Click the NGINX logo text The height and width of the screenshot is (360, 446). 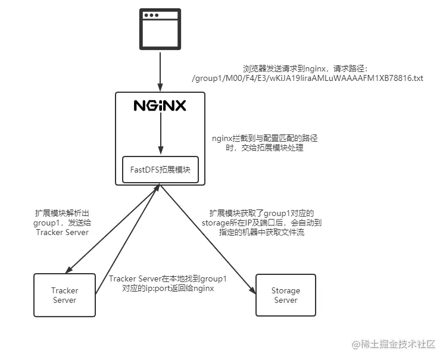(160, 106)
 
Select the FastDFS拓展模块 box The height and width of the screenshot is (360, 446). (160, 170)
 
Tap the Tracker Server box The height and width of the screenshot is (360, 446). (64, 295)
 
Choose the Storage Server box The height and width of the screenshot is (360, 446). (285, 295)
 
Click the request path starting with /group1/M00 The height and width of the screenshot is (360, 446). (307, 78)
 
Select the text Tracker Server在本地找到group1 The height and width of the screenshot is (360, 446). (167, 278)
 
